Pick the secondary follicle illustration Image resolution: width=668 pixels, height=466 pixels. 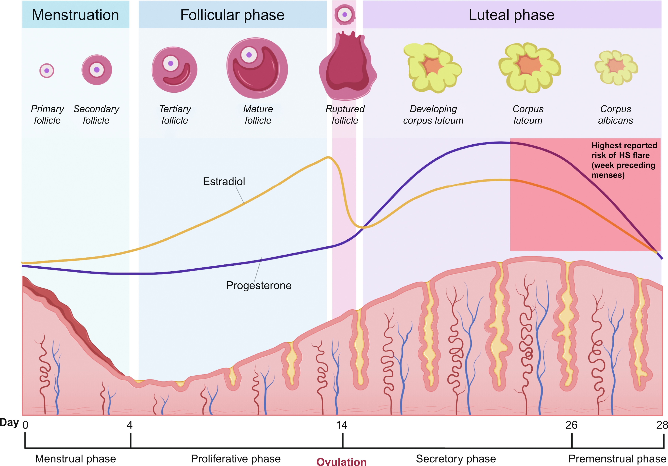pos(97,70)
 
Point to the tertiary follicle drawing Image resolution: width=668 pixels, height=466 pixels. pos(175,70)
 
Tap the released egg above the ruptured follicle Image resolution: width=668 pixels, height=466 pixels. pos(345,15)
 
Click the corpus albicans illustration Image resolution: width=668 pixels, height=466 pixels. pos(616,67)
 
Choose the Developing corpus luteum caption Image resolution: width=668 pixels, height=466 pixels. pos(433,115)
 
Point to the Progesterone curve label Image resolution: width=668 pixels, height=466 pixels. pos(259,285)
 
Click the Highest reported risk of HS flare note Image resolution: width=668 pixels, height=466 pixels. pos(623,160)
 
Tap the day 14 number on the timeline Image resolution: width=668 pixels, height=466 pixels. pos(342,425)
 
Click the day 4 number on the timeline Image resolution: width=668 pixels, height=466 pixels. pos(130,425)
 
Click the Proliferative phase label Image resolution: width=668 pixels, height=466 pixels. pos(236,459)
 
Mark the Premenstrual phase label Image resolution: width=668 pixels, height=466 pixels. pos(617,459)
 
